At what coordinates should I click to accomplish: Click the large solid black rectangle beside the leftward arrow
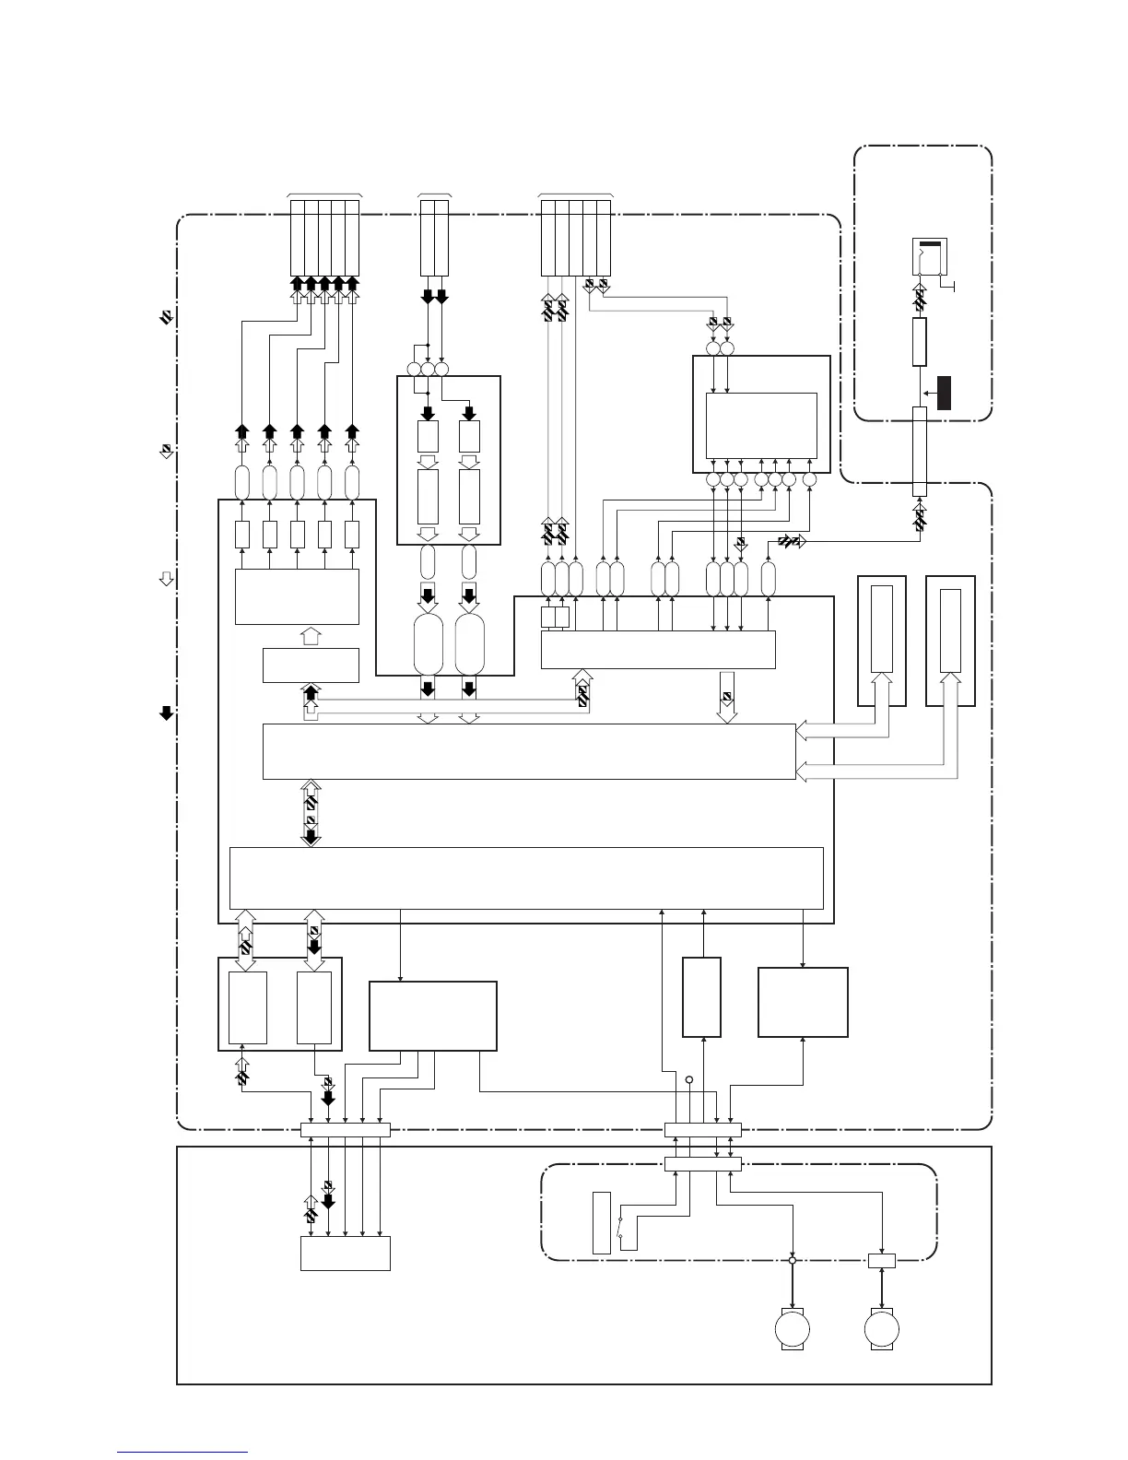pos(945,393)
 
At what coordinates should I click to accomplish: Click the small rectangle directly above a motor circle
pos(881,1260)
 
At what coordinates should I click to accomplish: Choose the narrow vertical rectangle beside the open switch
pos(601,1222)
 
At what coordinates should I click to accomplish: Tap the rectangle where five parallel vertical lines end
pos(346,1253)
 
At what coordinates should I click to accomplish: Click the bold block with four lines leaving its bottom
pos(432,1016)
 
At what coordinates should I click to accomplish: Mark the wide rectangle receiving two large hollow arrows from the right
pos(529,751)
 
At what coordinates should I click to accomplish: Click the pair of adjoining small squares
pos(555,618)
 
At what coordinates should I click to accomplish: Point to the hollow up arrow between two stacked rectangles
pos(311,636)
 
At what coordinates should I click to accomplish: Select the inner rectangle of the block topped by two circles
pos(761,425)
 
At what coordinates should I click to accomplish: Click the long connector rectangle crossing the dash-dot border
pos(919,452)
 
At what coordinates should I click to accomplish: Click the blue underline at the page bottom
pos(182,1452)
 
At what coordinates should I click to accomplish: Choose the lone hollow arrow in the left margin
pos(166,579)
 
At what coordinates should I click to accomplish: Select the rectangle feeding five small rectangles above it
pos(297,596)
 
